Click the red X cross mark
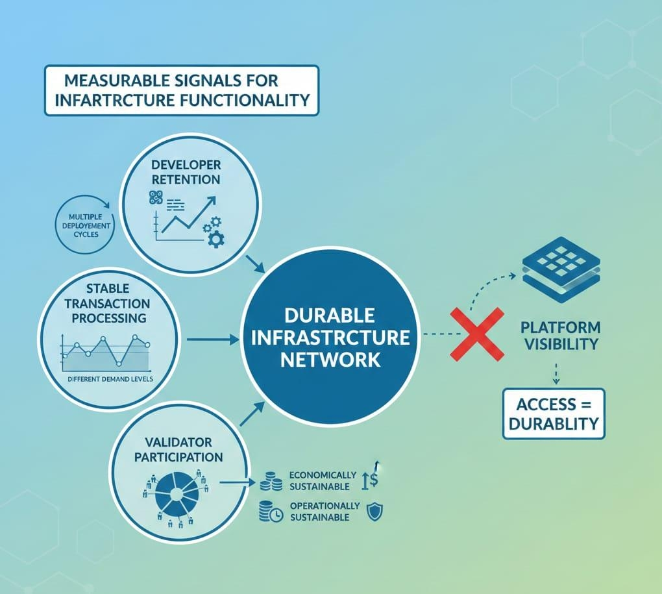click(x=478, y=334)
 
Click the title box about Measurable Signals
click(x=181, y=90)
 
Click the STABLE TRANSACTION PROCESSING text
click(x=108, y=303)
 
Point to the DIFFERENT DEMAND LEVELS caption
click(x=110, y=378)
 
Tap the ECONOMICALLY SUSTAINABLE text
click(x=323, y=480)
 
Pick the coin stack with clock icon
click(x=270, y=512)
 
